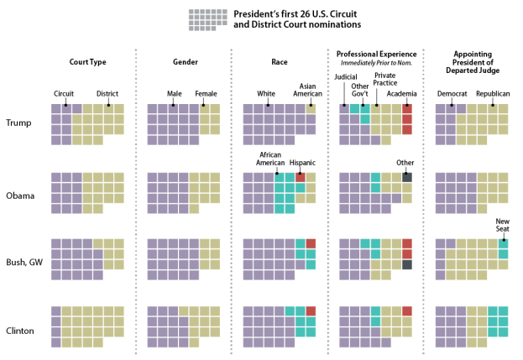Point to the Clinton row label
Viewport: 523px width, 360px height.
click(21, 330)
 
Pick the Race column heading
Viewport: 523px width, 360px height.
click(279, 62)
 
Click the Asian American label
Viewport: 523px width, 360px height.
click(311, 88)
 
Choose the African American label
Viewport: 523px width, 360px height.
click(269, 159)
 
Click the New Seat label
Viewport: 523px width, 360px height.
click(503, 224)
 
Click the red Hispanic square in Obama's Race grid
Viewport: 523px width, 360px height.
click(300, 178)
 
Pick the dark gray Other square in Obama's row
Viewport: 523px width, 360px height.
click(407, 178)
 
